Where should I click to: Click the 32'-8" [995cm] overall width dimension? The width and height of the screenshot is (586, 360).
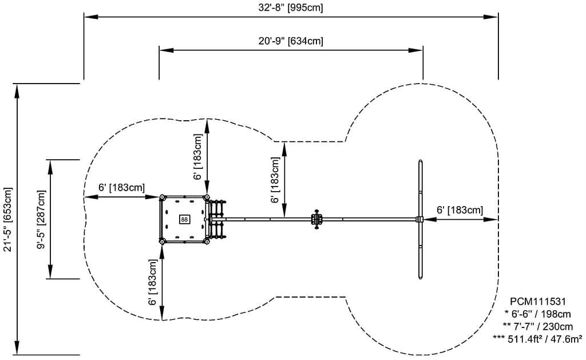[291, 7]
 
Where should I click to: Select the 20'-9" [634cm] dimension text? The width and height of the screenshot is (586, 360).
[291, 41]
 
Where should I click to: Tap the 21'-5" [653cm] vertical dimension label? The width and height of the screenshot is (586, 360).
[7, 219]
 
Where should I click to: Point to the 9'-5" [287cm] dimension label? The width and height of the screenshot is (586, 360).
[41, 219]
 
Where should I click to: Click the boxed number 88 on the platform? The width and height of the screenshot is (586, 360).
[184, 219]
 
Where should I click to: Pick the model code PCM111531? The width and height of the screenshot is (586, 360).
[538, 302]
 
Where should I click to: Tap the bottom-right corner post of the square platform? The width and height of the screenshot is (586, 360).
[207, 242]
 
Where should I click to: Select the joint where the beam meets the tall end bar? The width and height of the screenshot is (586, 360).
[420, 219]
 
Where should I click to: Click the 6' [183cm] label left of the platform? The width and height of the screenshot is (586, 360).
[121, 187]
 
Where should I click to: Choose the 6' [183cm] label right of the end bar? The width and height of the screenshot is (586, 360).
[460, 210]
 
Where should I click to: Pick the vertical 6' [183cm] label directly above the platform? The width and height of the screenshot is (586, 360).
[197, 157]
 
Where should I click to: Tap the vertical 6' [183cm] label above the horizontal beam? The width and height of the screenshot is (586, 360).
[275, 180]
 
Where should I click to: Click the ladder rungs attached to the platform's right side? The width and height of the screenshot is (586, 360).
[217, 219]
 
